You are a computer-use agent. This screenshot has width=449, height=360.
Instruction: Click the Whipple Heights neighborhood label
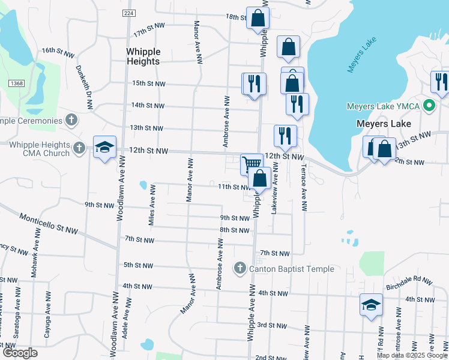[x=143, y=56]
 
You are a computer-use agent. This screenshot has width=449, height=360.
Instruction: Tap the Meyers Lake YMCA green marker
[x=429, y=107]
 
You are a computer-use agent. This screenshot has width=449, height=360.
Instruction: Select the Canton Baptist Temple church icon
[x=240, y=268]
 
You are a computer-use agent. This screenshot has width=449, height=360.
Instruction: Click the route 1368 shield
[x=16, y=83]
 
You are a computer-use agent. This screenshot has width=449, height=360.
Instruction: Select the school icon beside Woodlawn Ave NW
[x=104, y=148]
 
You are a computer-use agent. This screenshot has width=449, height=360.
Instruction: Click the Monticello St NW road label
[x=49, y=222]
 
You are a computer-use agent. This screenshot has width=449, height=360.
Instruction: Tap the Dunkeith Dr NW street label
[x=84, y=87]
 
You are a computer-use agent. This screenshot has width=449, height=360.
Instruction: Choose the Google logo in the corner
[x=20, y=353]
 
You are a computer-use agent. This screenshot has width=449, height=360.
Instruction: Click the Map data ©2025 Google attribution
[x=412, y=355]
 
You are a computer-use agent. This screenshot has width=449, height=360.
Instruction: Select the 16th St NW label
[x=58, y=53]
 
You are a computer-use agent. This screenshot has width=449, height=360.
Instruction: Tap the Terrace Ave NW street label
[x=304, y=187]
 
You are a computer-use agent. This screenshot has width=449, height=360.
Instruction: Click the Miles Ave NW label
[x=152, y=205]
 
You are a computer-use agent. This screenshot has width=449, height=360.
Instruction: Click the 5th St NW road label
[x=137, y=265]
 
